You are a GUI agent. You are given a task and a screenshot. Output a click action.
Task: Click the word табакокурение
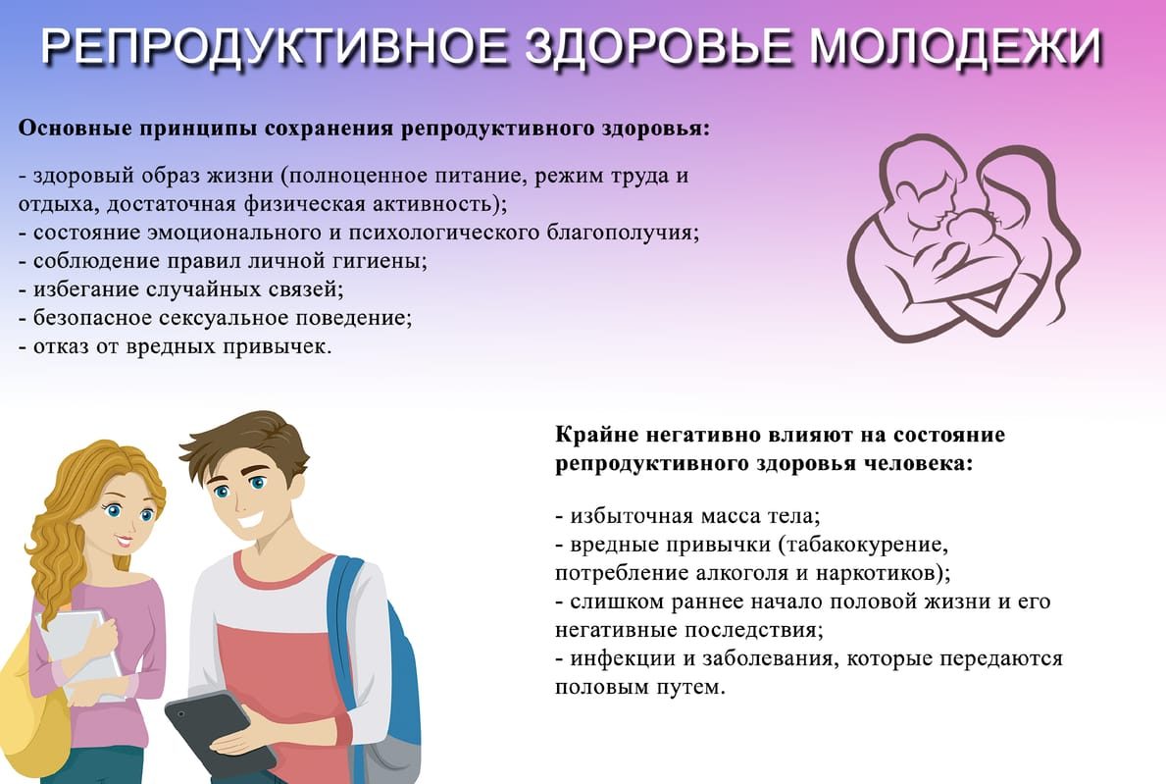coord(863,546)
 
